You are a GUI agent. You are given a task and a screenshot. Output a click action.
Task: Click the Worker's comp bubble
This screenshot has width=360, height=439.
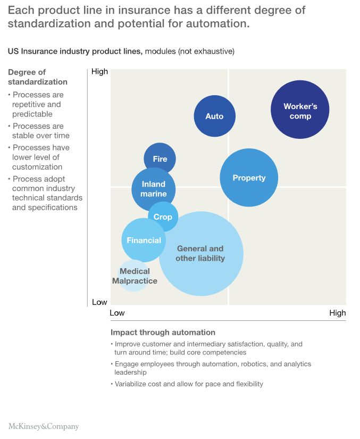coord(300,109)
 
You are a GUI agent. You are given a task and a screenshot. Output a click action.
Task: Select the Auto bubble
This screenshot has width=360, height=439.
coord(214,116)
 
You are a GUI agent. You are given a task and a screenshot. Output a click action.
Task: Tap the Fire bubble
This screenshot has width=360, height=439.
coord(160,159)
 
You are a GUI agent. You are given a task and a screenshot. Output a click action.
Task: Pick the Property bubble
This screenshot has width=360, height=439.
coord(249,178)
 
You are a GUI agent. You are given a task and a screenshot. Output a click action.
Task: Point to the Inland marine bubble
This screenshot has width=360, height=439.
coord(153,188)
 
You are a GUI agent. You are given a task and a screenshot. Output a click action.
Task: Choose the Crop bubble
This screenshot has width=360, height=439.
coord(163,217)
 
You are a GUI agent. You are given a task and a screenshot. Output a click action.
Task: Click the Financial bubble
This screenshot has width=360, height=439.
coord(144,240)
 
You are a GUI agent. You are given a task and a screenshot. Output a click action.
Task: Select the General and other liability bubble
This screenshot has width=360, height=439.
coord(200,253)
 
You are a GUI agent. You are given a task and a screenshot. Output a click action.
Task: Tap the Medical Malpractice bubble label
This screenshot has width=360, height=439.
coord(135,276)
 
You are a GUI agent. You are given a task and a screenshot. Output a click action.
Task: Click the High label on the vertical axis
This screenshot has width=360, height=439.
coord(99,71)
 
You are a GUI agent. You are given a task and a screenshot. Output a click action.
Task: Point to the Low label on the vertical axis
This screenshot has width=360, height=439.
coord(99,302)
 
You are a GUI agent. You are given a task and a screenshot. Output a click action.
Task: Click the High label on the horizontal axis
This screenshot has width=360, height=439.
coord(337,313)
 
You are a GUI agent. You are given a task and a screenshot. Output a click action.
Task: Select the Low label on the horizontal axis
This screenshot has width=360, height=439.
coord(117,313)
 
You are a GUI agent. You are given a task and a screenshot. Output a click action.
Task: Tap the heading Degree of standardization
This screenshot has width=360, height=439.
coord(37,77)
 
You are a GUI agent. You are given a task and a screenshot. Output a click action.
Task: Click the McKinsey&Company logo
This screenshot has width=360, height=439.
coord(44,426)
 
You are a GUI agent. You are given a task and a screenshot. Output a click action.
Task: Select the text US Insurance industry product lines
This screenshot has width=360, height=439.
coord(74,51)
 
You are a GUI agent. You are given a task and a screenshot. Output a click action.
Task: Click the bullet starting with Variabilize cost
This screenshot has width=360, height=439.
coord(189,384)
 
